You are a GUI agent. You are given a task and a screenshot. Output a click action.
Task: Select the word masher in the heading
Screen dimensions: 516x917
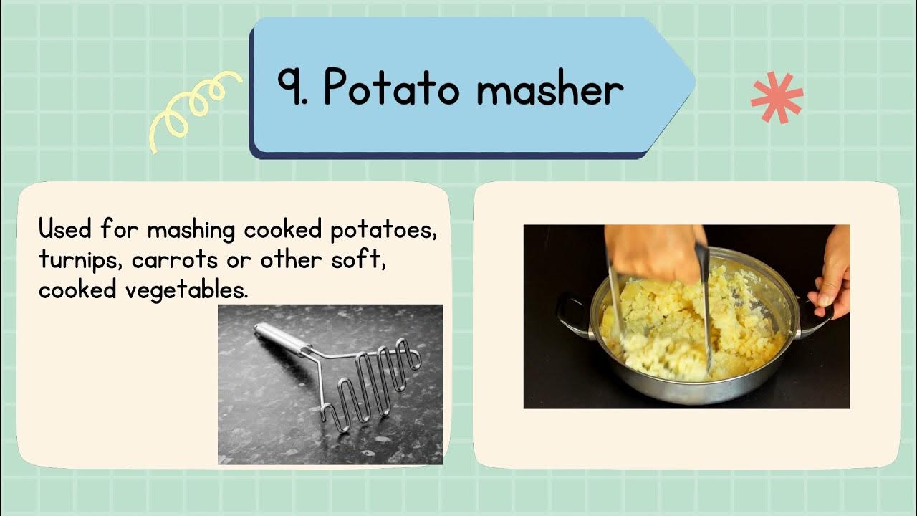click(x=549, y=90)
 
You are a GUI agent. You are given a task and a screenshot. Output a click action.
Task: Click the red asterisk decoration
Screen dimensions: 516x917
click(x=777, y=97)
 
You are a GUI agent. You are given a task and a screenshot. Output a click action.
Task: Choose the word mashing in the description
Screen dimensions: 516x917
click(x=191, y=231)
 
